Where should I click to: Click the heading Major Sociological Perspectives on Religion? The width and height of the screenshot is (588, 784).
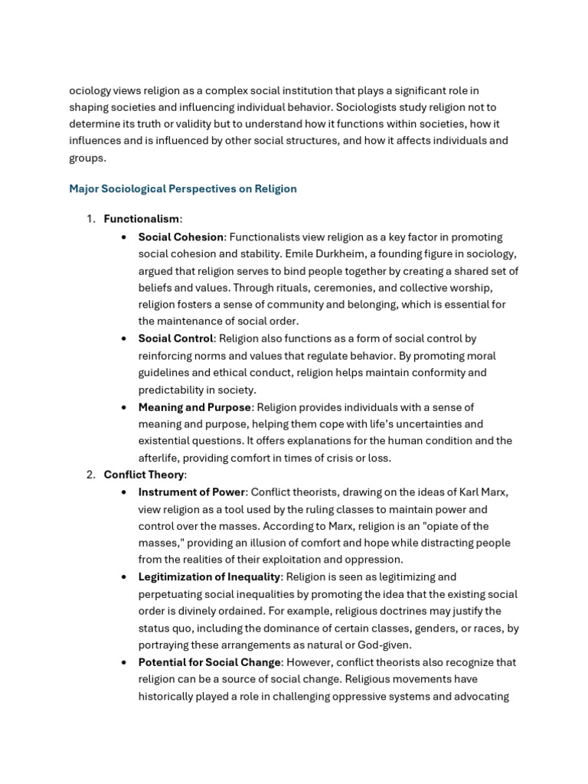click(x=182, y=188)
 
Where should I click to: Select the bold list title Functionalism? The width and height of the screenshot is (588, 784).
click(x=141, y=219)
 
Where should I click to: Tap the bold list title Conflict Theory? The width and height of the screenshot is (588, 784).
click(x=144, y=475)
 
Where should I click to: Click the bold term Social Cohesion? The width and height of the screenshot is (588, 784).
click(x=181, y=237)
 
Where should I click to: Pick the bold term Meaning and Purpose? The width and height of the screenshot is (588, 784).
click(x=194, y=407)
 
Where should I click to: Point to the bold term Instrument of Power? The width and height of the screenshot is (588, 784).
click(x=191, y=492)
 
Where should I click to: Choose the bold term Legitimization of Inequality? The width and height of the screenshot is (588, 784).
click(x=209, y=577)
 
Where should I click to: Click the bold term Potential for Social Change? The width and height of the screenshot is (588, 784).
click(x=211, y=662)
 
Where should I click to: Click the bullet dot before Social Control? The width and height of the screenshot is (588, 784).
click(x=124, y=338)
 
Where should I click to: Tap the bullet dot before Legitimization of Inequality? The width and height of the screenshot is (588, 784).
click(x=124, y=577)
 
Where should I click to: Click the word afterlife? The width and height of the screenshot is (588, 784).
click(x=160, y=458)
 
